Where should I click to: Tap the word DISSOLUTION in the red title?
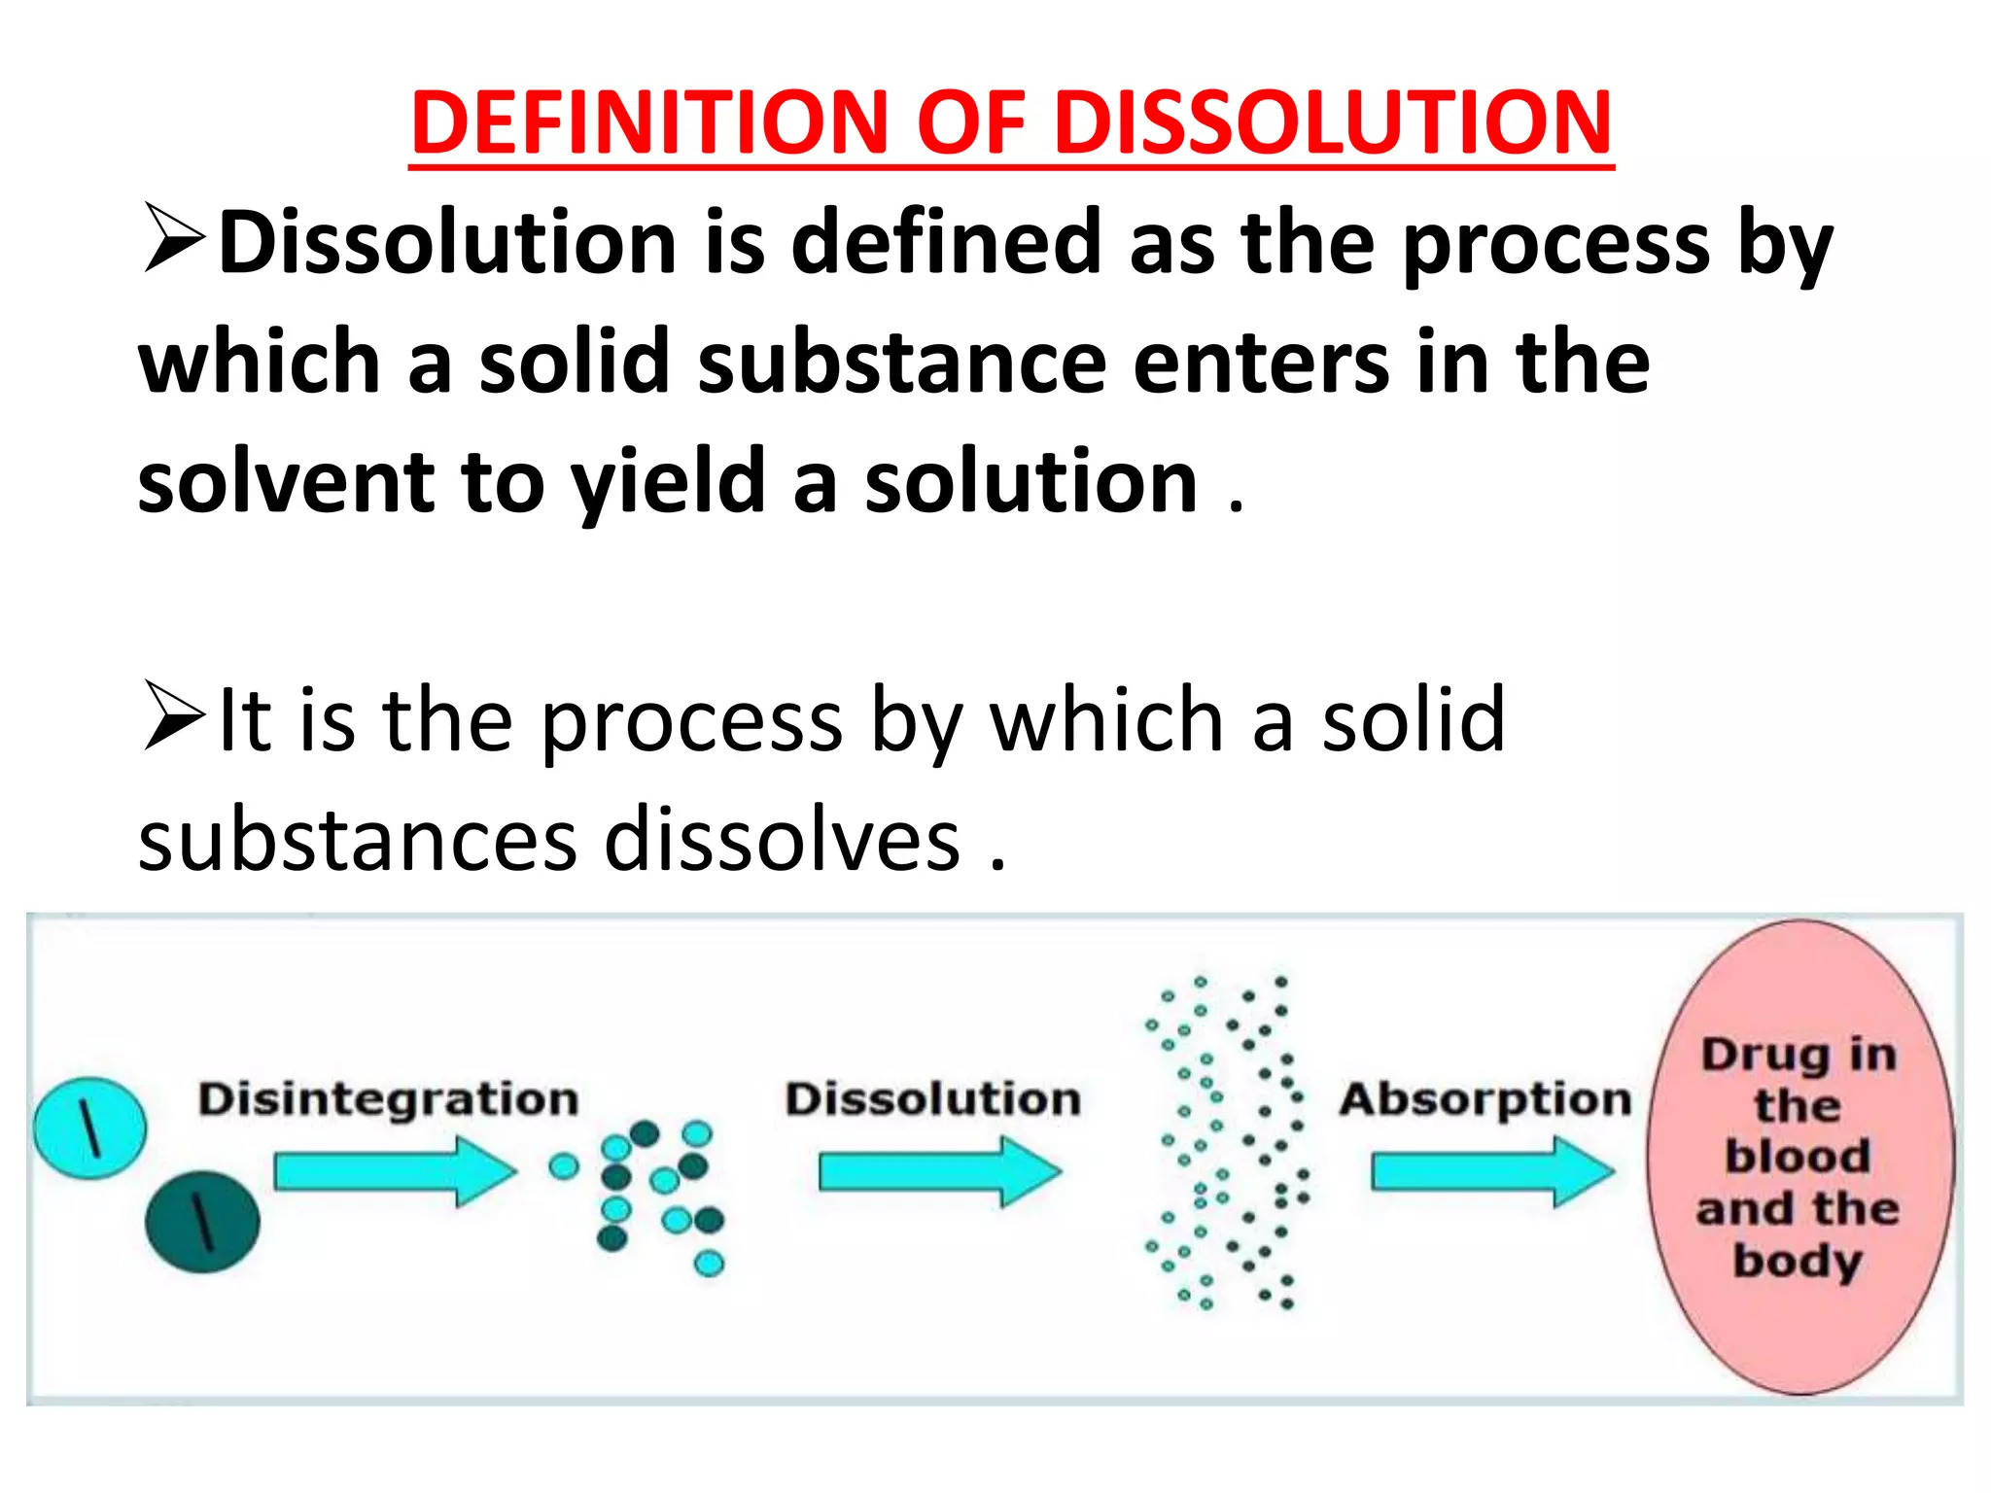point(1333,122)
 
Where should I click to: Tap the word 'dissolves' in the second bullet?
point(782,840)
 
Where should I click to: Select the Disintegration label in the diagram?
point(388,1099)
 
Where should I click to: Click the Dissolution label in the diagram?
point(932,1099)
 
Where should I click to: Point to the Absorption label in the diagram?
point(1485,1099)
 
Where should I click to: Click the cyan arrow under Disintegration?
point(394,1171)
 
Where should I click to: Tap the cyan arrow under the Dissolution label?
point(938,1171)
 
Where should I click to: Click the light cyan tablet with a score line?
point(90,1128)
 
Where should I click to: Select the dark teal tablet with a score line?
point(202,1222)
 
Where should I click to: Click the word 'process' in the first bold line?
point(1555,243)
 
